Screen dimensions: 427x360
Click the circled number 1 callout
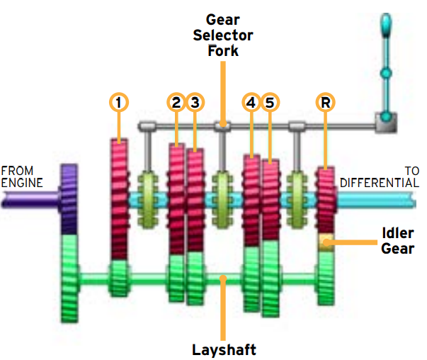[119, 103]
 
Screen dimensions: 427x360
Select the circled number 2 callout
[176, 103]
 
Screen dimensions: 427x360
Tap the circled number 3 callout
[195, 103]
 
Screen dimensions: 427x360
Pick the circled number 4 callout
[251, 103]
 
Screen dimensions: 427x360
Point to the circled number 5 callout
[270, 103]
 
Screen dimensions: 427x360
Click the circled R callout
[326, 103]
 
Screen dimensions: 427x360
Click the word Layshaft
[224, 349]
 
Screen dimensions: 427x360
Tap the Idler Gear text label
[397, 241]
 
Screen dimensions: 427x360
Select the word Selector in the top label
[223, 35]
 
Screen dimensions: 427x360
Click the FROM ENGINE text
[22, 177]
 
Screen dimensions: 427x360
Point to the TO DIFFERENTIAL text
[380, 177]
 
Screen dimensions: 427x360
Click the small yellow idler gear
[326, 242]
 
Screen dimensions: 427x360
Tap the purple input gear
[69, 199]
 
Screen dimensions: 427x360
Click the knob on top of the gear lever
[386, 25]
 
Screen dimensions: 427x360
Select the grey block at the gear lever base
[386, 123]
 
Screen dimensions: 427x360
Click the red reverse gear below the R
[326, 201]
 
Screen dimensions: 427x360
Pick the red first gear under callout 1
[119, 199]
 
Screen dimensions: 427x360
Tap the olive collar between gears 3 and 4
[223, 200]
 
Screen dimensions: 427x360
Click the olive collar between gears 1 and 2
[148, 200]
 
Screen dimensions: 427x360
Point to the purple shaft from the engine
[30, 199]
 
